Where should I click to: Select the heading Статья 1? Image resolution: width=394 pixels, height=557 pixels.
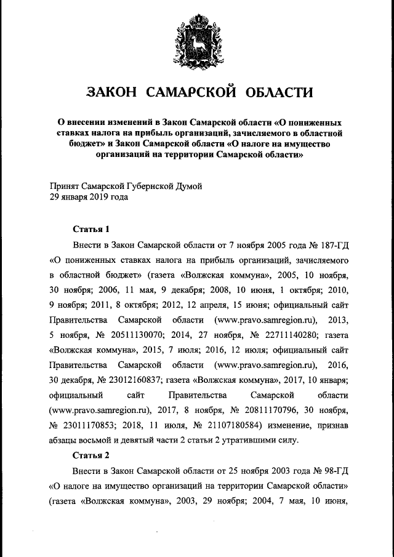[x=91, y=230]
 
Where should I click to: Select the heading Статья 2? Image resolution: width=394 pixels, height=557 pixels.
[x=91, y=456]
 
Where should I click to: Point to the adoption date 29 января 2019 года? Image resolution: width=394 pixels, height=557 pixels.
[x=89, y=198]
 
